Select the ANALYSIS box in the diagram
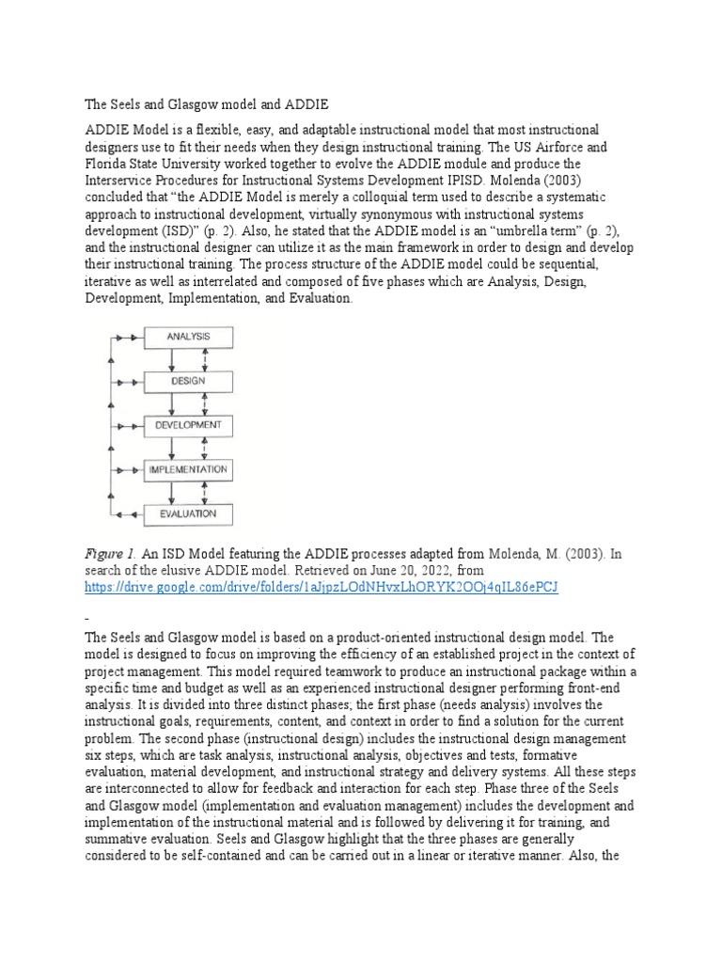[x=187, y=337]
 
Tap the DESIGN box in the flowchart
[x=187, y=381]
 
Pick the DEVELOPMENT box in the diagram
[x=187, y=425]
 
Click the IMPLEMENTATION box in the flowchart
[x=187, y=469]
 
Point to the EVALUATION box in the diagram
[x=187, y=513]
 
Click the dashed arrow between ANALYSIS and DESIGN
[x=205, y=359]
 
